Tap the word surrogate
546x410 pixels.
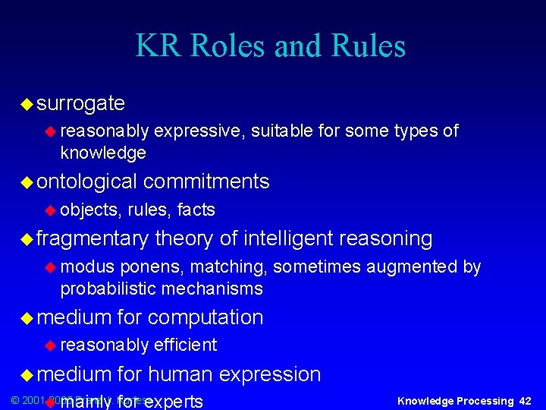80,102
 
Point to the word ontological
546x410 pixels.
86,181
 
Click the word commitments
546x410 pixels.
206,181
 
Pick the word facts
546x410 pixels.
196,210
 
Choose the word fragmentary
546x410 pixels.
92,238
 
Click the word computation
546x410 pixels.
206,317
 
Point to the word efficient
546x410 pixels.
185,345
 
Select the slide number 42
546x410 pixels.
525,401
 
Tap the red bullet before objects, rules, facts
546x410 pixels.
51,210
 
